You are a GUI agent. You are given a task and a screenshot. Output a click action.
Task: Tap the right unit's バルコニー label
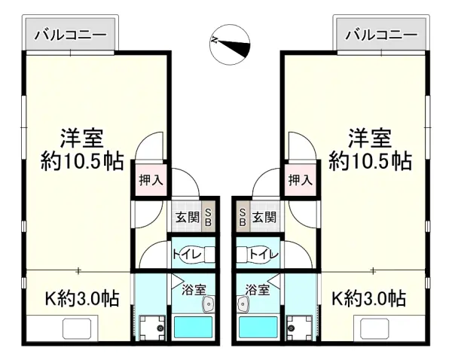380,35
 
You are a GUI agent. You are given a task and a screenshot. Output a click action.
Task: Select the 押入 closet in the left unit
150,180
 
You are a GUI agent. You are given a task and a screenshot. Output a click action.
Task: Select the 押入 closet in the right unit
301,180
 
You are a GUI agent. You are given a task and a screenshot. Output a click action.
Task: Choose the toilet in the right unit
259,255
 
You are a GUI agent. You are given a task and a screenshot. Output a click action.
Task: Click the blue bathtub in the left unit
194,327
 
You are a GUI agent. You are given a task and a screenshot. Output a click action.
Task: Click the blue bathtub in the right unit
258,327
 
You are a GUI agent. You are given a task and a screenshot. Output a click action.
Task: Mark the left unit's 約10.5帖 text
82,160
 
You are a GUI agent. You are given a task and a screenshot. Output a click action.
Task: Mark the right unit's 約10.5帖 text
369,160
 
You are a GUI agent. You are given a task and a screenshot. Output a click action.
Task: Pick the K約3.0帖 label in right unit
369,298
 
